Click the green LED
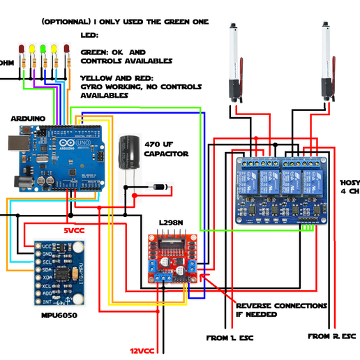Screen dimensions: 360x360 [43, 48]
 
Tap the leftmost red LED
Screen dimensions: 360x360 [21, 49]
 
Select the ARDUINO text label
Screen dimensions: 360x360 [28, 119]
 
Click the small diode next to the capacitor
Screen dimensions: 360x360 [160, 187]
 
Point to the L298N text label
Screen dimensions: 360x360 [172, 223]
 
